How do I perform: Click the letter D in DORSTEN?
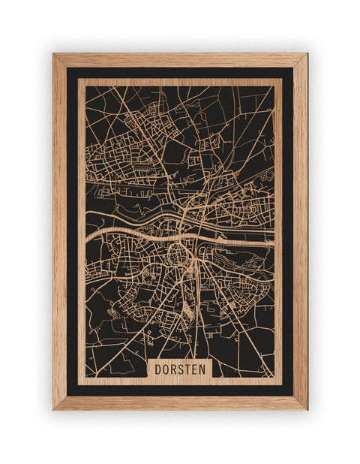pos(159,369)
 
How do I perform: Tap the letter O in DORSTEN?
pos(166,369)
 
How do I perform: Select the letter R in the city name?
pos(175,369)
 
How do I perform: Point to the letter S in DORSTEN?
pos(182,369)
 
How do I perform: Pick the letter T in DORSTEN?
pos(190,369)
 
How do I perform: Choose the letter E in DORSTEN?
pos(197,369)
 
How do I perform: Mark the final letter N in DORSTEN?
pos(205,369)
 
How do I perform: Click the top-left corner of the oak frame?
pos(53,54)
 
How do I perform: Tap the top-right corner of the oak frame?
pos(307,54)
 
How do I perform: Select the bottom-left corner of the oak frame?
pos(53,409)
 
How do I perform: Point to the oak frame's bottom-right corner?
pos(307,409)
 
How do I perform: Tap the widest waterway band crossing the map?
pos(135,227)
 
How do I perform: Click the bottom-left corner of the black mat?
pos(67,396)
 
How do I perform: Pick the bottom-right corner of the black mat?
pos(293,396)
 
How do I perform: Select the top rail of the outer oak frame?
pos(180,60)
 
